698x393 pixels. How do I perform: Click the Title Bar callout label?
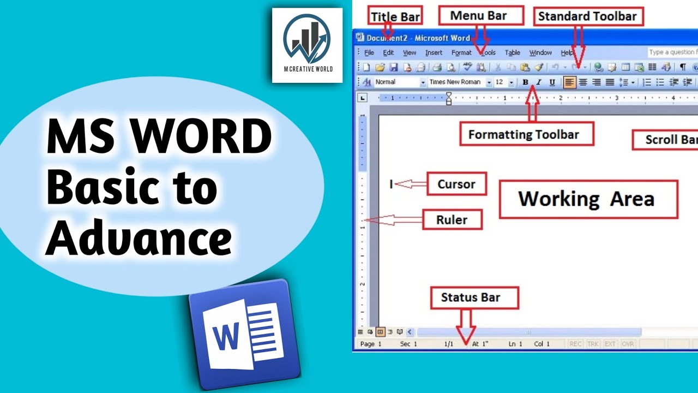(395, 16)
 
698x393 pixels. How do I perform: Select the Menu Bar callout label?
(478, 16)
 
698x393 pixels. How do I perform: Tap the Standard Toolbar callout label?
(588, 16)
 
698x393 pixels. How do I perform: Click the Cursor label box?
(456, 184)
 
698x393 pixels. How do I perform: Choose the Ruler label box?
(452, 220)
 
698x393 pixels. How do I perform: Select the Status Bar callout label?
(471, 297)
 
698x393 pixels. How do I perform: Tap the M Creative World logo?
(307, 45)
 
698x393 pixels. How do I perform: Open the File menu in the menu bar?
(369, 53)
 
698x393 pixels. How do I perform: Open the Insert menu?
(434, 53)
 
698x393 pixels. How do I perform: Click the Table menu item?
(512, 53)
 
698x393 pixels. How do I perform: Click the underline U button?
(552, 82)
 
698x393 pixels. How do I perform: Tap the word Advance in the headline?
(139, 239)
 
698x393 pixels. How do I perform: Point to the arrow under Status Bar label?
(466, 326)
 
